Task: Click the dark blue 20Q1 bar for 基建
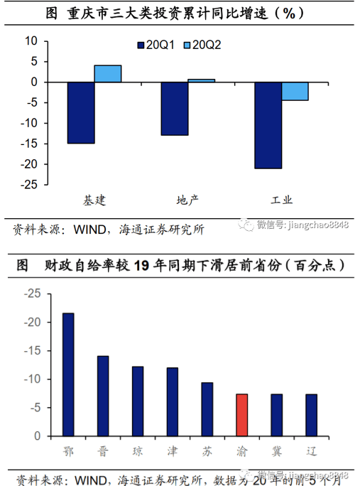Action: [81, 113]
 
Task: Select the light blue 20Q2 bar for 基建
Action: [108, 74]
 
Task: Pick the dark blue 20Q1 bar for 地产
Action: [175, 109]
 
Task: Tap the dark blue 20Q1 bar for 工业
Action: [268, 126]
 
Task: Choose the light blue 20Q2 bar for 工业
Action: [295, 92]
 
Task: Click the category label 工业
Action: [282, 200]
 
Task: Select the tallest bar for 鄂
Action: [68, 374]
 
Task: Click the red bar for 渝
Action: [241, 415]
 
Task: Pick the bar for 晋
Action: [103, 396]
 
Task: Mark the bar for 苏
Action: [207, 409]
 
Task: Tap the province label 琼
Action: [138, 451]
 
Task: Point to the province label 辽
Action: [311, 451]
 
